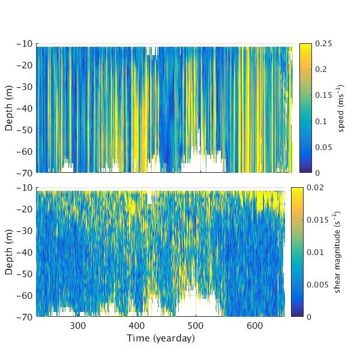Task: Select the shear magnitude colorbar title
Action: pos(338,252)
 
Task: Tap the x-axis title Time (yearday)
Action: pos(160,338)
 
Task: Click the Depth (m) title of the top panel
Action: pos(10,108)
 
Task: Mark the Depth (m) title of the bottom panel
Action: pos(10,252)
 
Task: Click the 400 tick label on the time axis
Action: pos(137,325)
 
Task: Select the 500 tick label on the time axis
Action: pos(196,325)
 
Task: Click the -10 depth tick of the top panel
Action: pos(37,44)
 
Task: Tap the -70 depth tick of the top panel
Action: pos(37,172)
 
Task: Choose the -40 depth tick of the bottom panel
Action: pos(37,252)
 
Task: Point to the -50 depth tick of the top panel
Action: pos(37,130)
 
